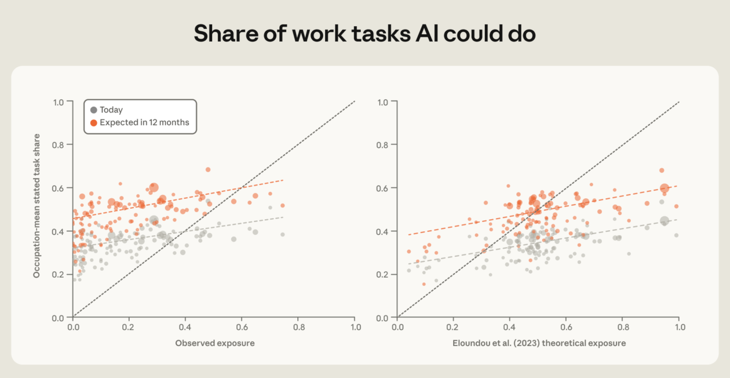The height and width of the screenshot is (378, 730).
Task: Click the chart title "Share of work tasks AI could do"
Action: [x=364, y=34]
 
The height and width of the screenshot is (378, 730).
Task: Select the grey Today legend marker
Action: [x=93, y=110]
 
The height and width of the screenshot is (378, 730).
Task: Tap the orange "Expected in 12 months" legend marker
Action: [x=93, y=123]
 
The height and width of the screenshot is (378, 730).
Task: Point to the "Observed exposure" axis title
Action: [x=215, y=343]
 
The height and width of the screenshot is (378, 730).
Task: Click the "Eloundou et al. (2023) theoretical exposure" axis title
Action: [x=539, y=343]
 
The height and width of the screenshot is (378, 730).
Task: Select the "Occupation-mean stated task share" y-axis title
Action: [x=36, y=206]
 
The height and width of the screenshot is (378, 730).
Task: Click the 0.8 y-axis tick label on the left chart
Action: [x=58, y=145]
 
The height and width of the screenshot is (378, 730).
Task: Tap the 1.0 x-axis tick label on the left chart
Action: [x=356, y=327]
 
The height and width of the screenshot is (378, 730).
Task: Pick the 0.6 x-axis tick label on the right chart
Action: [x=567, y=327]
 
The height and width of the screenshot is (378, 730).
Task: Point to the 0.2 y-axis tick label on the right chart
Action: [x=382, y=275]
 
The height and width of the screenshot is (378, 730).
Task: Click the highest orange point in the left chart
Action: [x=208, y=170]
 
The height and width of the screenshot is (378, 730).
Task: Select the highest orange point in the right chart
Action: [x=662, y=170]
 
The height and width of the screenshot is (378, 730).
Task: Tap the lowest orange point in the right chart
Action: [x=424, y=284]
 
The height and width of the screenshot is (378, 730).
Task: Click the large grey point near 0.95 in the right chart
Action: [x=665, y=221]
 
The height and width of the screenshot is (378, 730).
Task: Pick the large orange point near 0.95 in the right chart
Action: [x=665, y=188]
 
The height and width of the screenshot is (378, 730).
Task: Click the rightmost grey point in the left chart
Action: [x=283, y=234]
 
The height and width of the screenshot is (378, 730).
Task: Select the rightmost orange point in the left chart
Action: [x=283, y=205]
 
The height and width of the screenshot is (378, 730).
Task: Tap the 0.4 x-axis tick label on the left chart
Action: [x=185, y=327]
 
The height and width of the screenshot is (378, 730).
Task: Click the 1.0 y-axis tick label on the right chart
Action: [x=382, y=103]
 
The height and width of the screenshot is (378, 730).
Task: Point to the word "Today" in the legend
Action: [x=111, y=110]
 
